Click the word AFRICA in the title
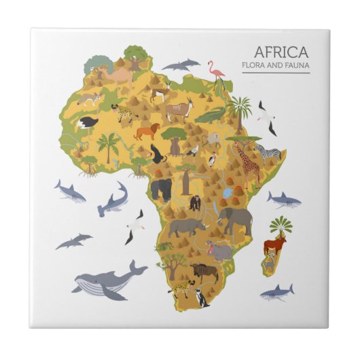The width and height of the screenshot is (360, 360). point(281,52)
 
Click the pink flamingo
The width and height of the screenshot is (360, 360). point(217,74)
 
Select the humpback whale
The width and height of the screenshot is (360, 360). point(107,279)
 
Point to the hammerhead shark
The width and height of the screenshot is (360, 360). point(112,200)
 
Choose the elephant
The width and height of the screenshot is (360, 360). point(234,220)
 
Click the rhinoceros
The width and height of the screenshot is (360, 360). point(187,227)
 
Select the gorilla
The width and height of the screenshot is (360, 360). point(161,189)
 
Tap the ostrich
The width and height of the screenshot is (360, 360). point(88,123)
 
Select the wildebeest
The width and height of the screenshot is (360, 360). point(204,272)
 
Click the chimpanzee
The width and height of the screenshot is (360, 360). point(195,202)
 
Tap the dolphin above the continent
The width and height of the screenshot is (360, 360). point(181,65)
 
